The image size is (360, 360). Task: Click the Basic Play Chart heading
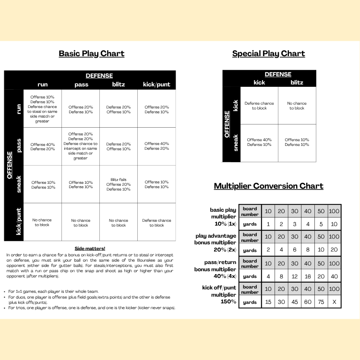(91, 53)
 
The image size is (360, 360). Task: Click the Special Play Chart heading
(268, 53)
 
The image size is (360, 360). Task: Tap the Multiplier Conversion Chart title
(268, 186)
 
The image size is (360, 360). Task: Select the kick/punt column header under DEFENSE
(156, 84)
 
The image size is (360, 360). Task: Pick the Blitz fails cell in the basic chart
(119, 184)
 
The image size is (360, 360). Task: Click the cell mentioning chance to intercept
(81, 146)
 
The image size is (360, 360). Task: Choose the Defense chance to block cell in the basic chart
(156, 223)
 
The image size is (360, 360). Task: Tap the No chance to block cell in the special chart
(297, 106)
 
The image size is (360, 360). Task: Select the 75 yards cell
(320, 302)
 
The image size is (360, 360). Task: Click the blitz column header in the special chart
(297, 82)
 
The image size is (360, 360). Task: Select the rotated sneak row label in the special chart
(235, 143)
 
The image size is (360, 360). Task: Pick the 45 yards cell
(294, 302)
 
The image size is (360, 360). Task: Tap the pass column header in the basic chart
(81, 84)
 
